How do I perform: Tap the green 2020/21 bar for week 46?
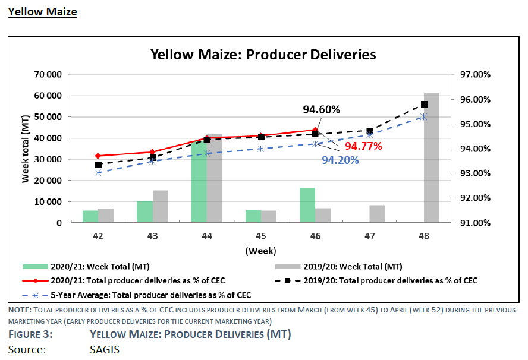[307, 205]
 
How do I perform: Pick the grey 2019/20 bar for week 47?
[377, 214]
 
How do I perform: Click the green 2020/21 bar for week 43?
[145, 212]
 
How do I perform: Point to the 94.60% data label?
[321, 110]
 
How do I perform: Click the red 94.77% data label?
[363, 146]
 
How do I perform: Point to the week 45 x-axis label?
[261, 236]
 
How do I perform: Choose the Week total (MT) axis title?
[26, 149]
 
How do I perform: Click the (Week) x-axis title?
[261, 251]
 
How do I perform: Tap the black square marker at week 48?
[424, 104]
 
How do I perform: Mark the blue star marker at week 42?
[98, 173]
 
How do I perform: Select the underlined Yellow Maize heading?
[42, 11]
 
